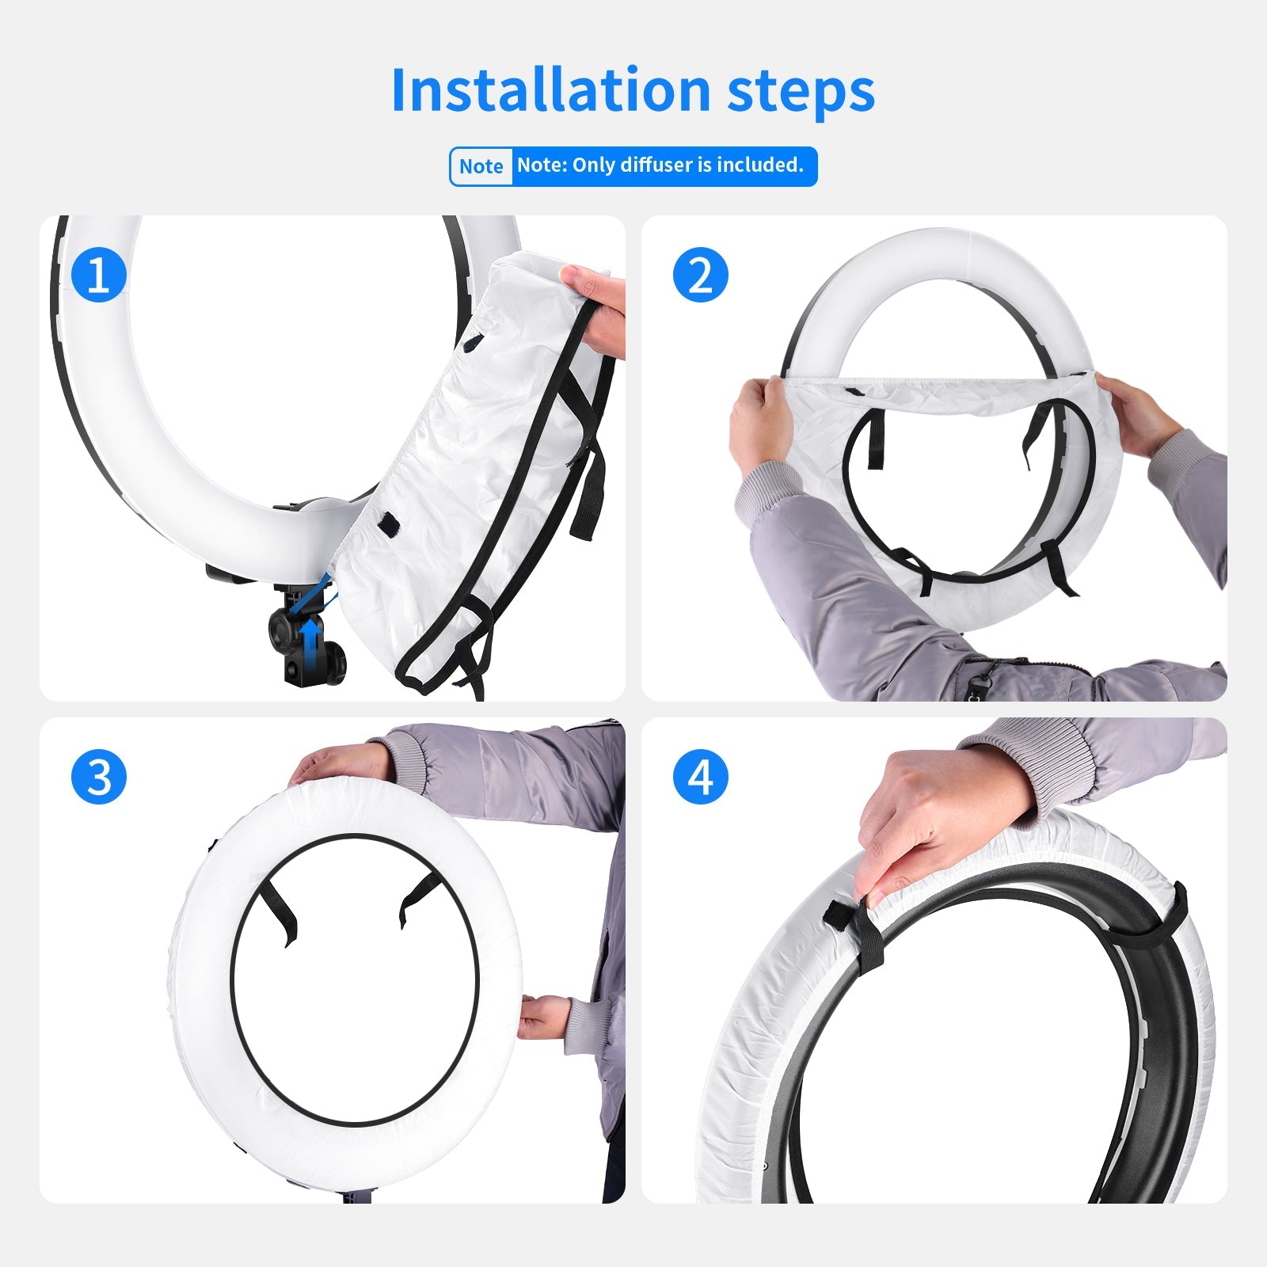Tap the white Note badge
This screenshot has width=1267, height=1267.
[x=481, y=166]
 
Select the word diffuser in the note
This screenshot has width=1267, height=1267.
[x=656, y=165]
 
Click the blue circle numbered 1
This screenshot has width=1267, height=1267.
[x=99, y=276]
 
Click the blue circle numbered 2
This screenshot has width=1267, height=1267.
[x=700, y=276]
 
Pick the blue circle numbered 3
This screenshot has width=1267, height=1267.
[x=99, y=777]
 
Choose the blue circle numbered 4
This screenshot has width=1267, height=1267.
[x=700, y=777]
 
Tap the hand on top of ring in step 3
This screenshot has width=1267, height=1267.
[x=341, y=764]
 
